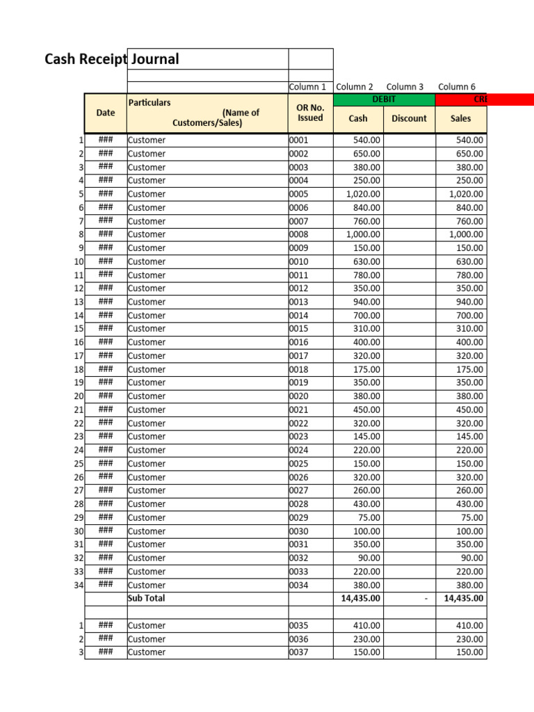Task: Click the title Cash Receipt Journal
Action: tap(112, 59)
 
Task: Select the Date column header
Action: tap(106, 113)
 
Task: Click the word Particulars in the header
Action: tap(149, 102)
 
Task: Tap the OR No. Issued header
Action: tap(310, 113)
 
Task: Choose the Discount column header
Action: tap(409, 118)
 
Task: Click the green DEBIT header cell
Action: tap(384, 99)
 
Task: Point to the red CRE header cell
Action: tap(484, 99)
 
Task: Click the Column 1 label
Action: tap(307, 87)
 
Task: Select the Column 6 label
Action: tap(457, 87)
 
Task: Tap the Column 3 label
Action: tap(405, 87)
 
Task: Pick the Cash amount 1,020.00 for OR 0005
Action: tap(363, 194)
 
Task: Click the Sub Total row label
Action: tap(147, 598)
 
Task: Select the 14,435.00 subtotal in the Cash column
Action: tap(360, 598)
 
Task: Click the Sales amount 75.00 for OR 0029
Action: tap(472, 517)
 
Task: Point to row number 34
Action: tap(78, 585)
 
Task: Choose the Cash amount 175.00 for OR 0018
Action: tap(366, 369)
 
